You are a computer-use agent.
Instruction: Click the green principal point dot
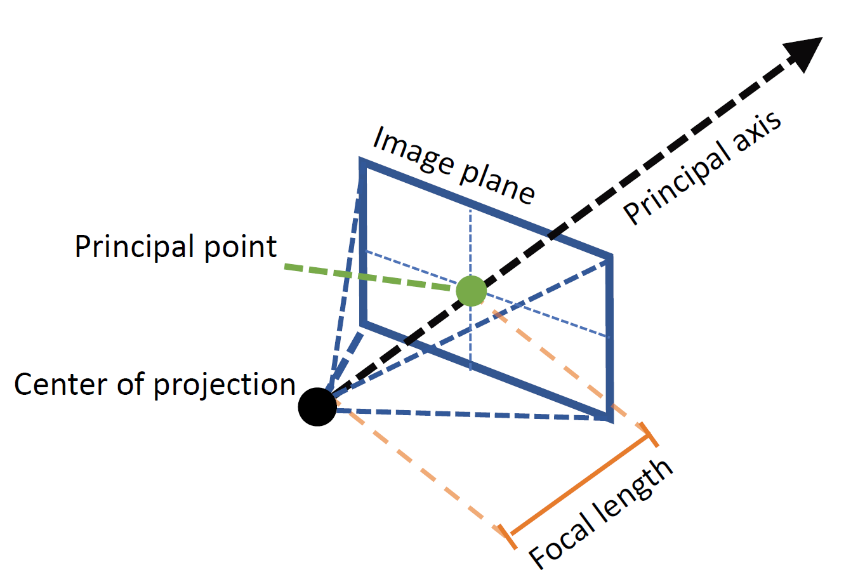pyautogui.click(x=472, y=291)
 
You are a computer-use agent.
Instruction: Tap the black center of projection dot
pyautogui.click(x=317, y=406)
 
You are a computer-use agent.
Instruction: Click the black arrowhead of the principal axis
pyautogui.click(x=803, y=53)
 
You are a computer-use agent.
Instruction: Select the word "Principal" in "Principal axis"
pyautogui.click(x=675, y=184)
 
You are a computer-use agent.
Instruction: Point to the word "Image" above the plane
pyautogui.click(x=413, y=152)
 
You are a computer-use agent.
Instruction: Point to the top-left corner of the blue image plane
pyautogui.click(x=363, y=163)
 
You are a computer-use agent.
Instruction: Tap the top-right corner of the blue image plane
pyautogui.click(x=610, y=257)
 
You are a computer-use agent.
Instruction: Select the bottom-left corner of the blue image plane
pyautogui.click(x=363, y=323)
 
